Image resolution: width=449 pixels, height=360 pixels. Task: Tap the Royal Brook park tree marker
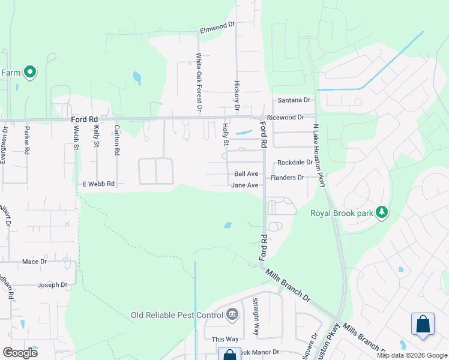click(x=381, y=212)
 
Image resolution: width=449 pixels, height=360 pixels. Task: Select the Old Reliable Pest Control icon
click(x=232, y=315)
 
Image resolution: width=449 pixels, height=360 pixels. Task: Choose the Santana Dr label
click(x=294, y=100)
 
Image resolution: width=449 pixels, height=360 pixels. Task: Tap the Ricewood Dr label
click(x=286, y=118)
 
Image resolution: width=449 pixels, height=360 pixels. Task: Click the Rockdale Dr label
click(x=295, y=163)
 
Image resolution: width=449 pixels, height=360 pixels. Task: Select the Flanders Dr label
click(x=288, y=178)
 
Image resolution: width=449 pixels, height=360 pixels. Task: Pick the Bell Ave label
click(x=246, y=174)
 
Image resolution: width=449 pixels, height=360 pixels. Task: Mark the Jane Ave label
click(x=245, y=185)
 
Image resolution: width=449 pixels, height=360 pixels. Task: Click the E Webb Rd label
click(x=98, y=184)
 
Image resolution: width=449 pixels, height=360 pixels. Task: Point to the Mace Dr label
click(x=34, y=262)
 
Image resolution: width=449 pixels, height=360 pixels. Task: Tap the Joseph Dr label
click(x=53, y=285)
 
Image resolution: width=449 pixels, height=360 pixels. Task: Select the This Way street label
click(x=225, y=339)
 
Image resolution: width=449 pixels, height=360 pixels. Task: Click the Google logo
click(x=20, y=352)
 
